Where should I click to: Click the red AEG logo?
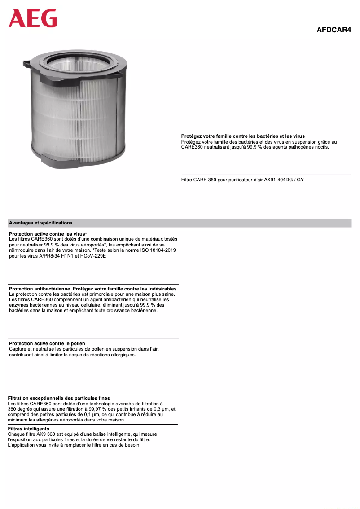33,19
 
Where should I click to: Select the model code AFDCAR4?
334,30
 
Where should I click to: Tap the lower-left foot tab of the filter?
49,158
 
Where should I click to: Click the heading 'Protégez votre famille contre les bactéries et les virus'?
243,136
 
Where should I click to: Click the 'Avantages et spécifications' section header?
40,223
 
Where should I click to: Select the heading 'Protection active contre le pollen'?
47,343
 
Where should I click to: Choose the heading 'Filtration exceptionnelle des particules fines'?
59,398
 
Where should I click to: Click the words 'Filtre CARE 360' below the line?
199,180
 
